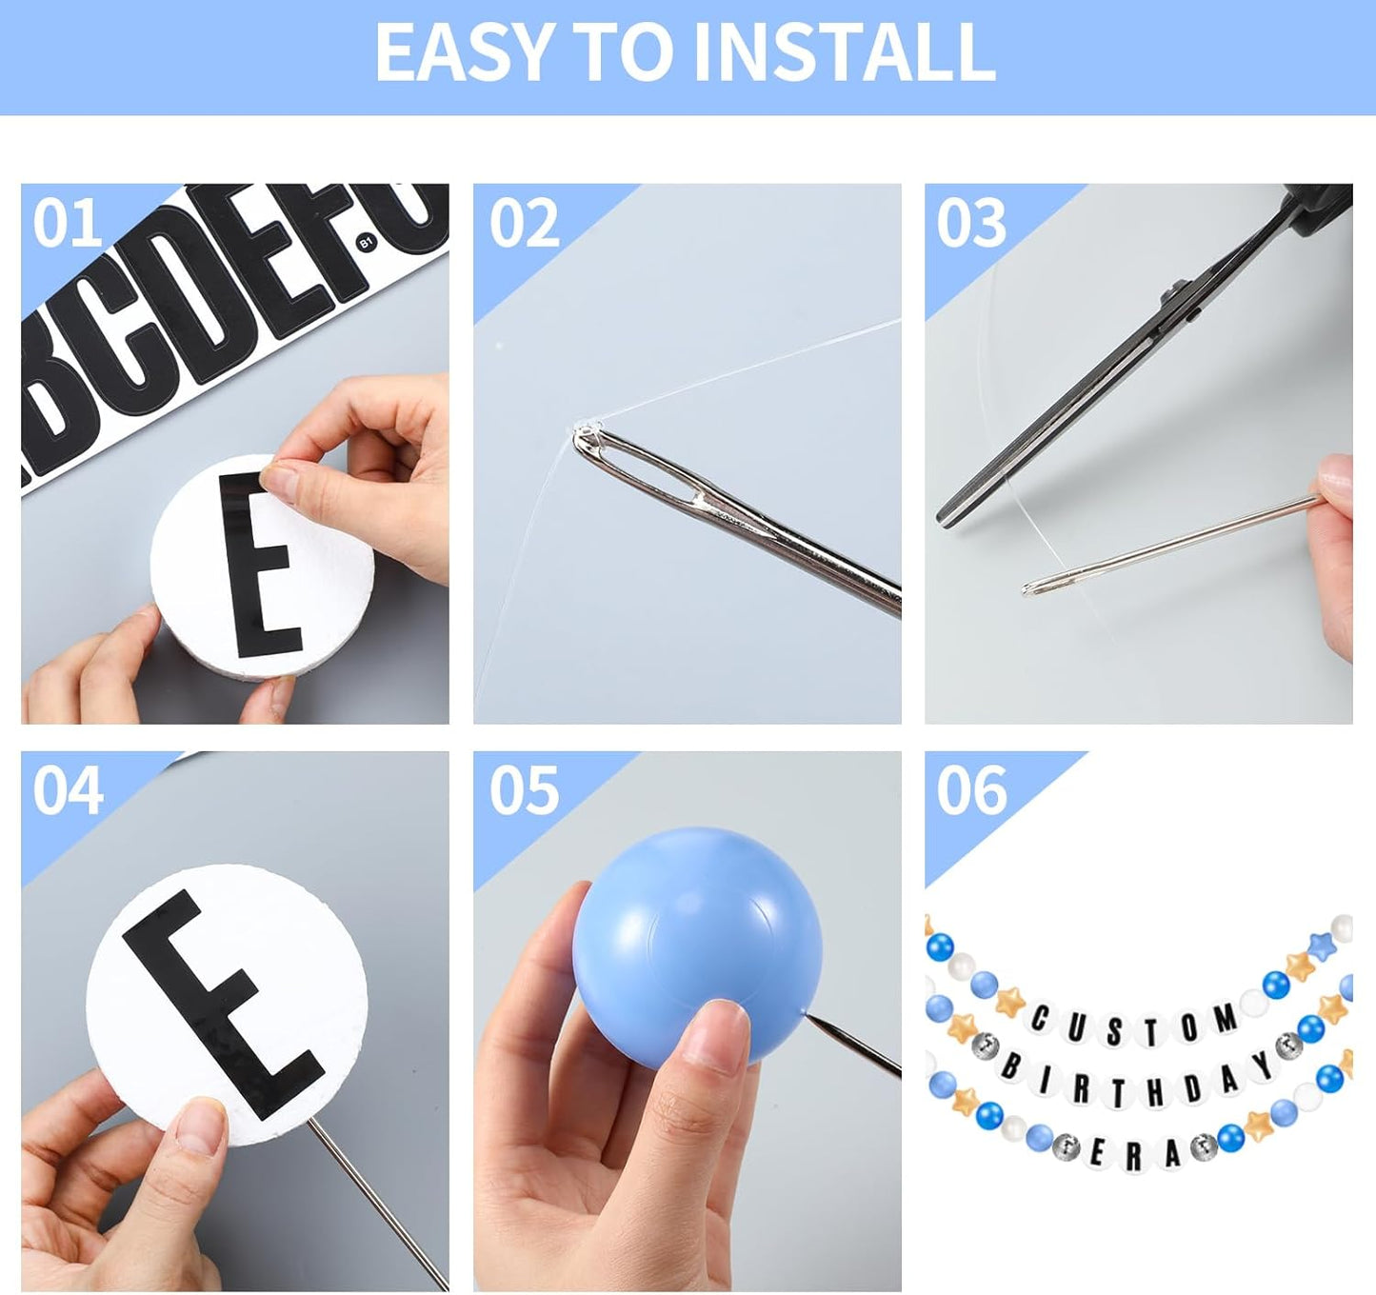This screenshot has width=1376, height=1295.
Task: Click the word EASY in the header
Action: (x=462, y=52)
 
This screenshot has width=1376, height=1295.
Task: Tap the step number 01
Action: (x=68, y=223)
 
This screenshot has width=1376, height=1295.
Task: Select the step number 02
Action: (x=524, y=223)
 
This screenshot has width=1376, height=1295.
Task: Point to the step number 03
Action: (x=971, y=223)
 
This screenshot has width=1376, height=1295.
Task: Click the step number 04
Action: (x=68, y=790)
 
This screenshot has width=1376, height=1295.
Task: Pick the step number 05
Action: (x=524, y=790)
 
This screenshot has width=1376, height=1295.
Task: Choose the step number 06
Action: (x=971, y=790)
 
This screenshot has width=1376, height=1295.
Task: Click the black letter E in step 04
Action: (x=223, y=1005)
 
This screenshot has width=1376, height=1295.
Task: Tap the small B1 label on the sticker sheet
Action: (x=367, y=242)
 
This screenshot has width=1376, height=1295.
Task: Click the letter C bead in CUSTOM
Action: (x=1040, y=1020)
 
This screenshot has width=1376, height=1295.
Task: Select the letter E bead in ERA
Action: (x=1096, y=1152)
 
